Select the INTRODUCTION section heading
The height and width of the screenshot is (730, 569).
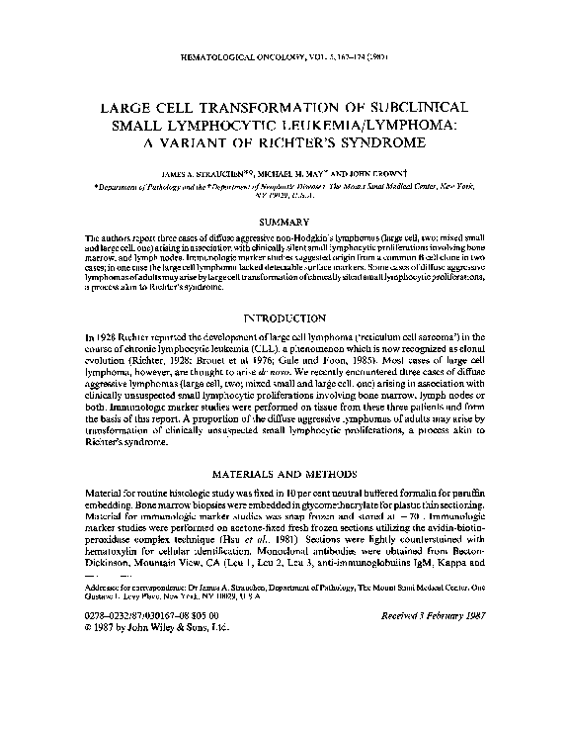coord(284,320)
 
